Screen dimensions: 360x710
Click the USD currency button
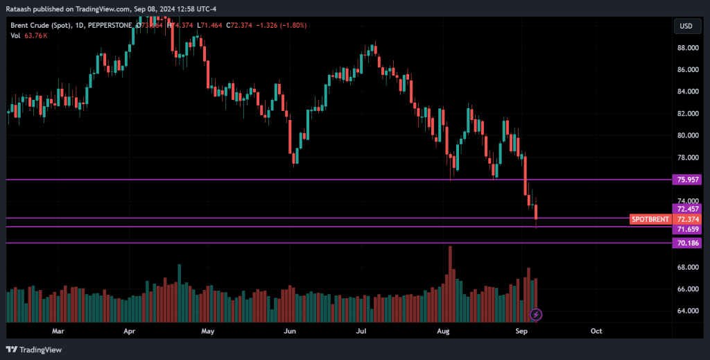686,26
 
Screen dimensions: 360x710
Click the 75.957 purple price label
688,180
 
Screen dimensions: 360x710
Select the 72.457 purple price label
688,209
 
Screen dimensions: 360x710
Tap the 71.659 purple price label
688,229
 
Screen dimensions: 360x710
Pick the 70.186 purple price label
688,243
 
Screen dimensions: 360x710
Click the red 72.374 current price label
688,219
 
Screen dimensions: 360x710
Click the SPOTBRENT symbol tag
650,219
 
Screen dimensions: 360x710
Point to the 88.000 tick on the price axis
688,48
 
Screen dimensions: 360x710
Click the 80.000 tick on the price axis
688,135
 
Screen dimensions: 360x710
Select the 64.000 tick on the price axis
688,311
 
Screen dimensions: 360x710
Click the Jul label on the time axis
361,332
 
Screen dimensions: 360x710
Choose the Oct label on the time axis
595,332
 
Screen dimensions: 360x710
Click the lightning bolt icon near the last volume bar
536,314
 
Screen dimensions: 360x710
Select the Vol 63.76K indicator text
29,35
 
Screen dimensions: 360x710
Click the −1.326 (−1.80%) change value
282,26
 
